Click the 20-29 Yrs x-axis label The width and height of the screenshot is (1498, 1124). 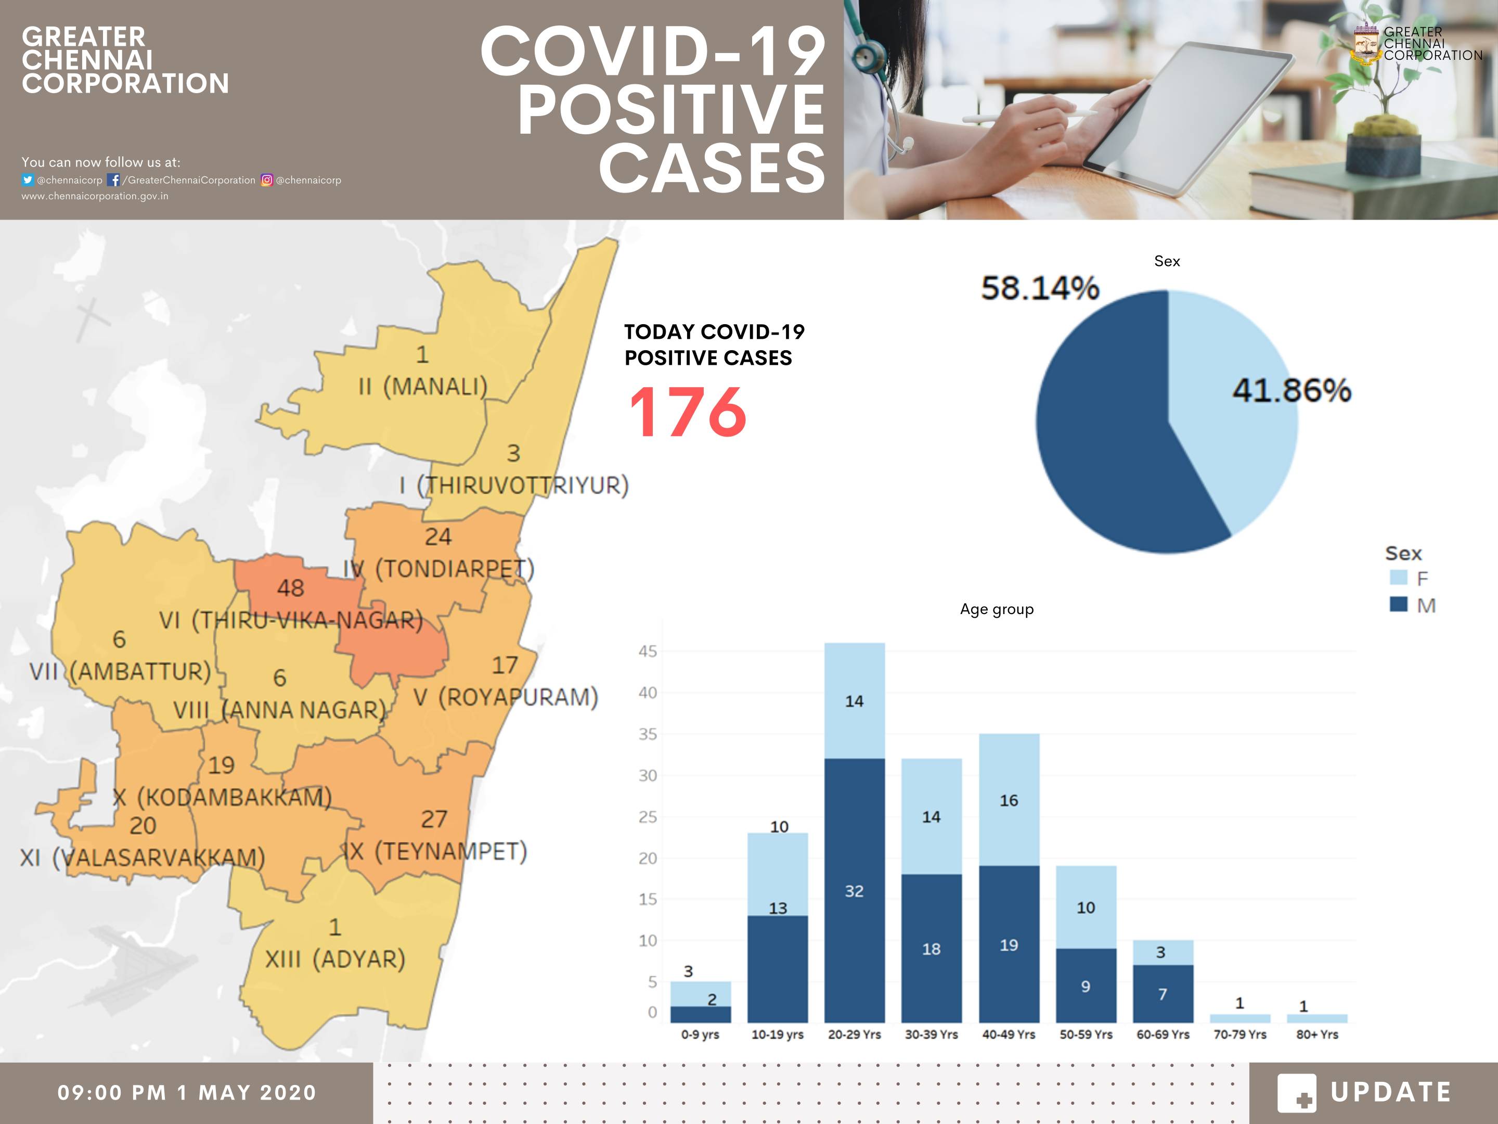point(854,1034)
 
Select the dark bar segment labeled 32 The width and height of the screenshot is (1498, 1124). point(854,891)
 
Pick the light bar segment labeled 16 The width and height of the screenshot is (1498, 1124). point(1009,800)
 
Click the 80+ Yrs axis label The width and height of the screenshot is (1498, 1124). point(1317,1034)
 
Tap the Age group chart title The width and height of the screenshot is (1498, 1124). point(996,609)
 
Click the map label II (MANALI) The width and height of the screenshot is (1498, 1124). point(422,387)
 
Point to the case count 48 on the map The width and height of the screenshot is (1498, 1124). point(290,588)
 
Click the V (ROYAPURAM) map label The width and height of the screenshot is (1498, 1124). point(505,697)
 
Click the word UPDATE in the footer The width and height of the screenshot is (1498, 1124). point(1390,1092)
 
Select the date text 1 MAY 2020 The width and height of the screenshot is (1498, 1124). point(247,1093)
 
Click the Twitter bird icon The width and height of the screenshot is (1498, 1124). point(27,180)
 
